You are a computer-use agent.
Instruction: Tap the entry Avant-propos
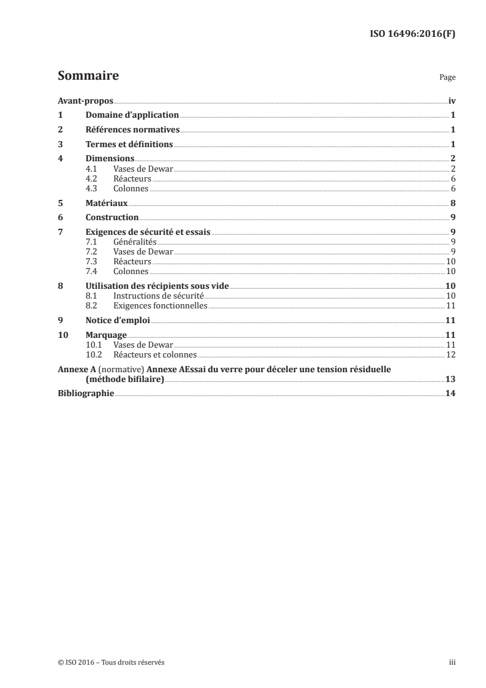coord(85,101)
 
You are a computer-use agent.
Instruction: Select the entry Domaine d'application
coord(132,115)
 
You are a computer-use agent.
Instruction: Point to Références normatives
coord(132,130)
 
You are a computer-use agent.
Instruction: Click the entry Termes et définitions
coord(129,145)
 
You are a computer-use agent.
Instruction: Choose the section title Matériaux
coord(107,204)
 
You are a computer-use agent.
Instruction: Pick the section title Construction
coord(112,218)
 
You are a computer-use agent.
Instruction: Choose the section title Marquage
coord(106,335)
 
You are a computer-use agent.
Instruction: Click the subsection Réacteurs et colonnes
coord(155,354)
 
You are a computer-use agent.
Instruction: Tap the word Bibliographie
coord(85,394)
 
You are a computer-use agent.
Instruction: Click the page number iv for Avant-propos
coord(452,101)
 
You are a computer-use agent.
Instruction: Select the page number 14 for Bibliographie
coord(450,394)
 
